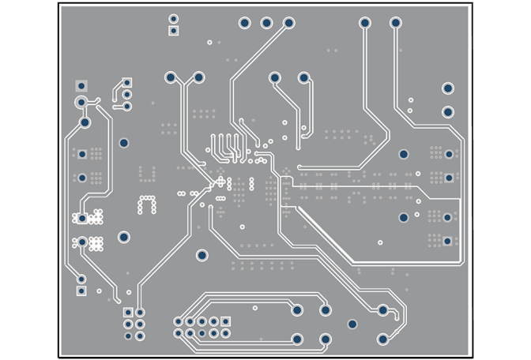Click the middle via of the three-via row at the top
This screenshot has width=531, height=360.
[266, 23]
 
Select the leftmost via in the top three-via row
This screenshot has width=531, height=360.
[245, 23]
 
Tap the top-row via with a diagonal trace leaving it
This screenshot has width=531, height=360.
[288, 23]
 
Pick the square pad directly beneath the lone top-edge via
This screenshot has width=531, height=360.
[174, 31]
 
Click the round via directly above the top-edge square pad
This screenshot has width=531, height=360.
[174, 18]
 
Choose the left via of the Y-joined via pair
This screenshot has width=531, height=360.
[171, 77]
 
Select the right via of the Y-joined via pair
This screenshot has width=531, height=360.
[199, 77]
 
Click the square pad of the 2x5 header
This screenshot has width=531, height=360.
[226, 321]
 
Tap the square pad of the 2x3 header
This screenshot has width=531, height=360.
[128, 313]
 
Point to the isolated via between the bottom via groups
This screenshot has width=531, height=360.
[352, 324]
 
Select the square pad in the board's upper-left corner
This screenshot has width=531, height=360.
[81, 86]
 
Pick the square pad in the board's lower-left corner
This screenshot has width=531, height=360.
[81, 291]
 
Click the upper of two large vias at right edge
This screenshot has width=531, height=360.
[448, 88]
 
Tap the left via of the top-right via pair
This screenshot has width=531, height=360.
[365, 23]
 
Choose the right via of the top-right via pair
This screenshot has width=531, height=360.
[396, 23]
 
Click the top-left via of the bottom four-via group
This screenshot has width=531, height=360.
[297, 310]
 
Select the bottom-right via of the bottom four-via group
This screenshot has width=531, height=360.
[326, 339]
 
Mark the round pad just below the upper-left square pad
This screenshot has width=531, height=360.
[81, 102]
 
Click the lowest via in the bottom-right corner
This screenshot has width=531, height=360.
[383, 339]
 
